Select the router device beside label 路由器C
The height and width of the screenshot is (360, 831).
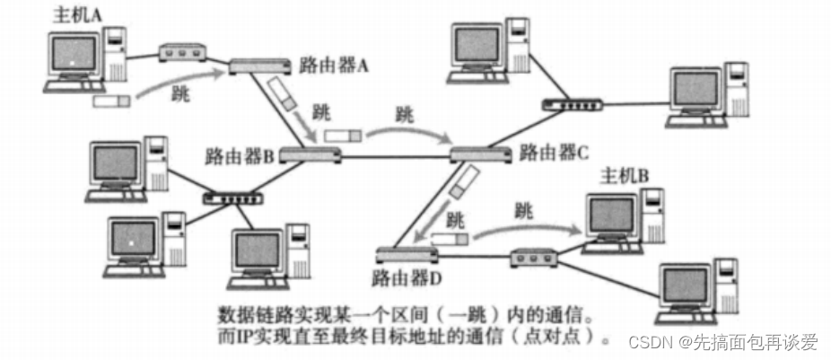pyautogui.click(x=481, y=154)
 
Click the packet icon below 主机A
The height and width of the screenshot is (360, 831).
pyautogui.click(x=112, y=101)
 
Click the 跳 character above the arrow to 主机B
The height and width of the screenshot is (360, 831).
pyautogui.click(x=524, y=211)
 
